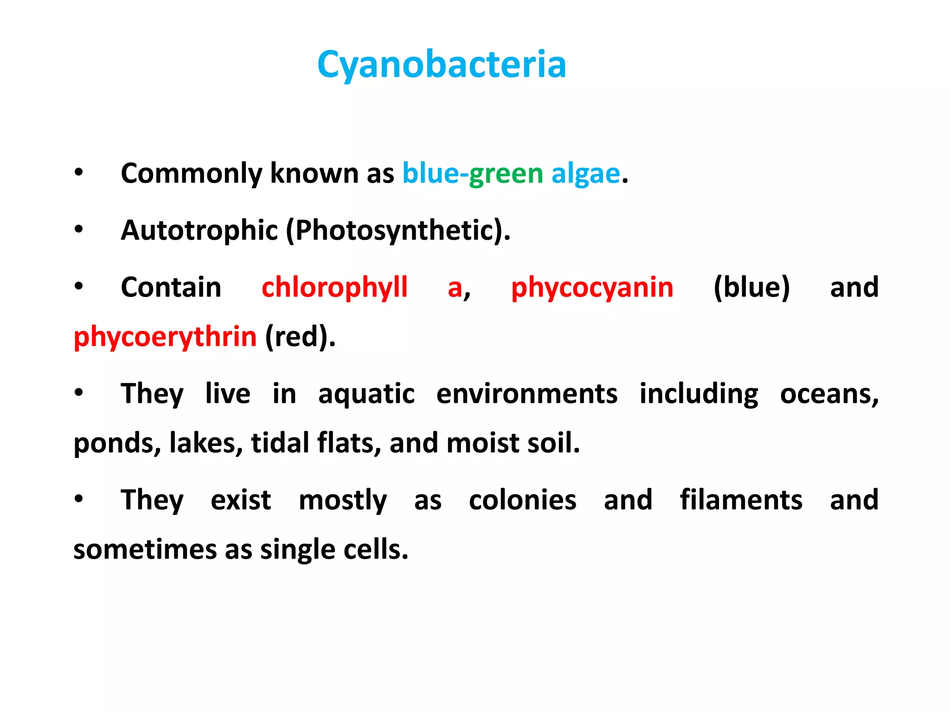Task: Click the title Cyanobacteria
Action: (x=441, y=65)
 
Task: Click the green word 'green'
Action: (x=506, y=174)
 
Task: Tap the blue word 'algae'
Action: (x=585, y=174)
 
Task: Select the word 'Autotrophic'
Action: (x=199, y=230)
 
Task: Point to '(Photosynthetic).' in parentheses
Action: (x=398, y=230)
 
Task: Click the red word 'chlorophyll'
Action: (x=334, y=287)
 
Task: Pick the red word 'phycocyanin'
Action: (x=592, y=287)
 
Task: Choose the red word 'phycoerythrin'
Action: (x=165, y=337)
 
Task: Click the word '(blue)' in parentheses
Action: (x=751, y=287)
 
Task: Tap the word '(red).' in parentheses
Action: (x=300, y=337)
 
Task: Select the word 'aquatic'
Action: (x=366, y=394)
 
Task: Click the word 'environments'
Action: (x=526, y=394)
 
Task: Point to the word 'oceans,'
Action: (x=829, y=394)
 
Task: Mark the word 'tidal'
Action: (x=280, y=443)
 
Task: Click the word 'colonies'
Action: (x=522, y=501)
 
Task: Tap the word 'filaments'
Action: (x=741, y=501)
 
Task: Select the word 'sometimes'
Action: (x=145, y=550)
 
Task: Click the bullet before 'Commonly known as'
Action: (x=79, y=172)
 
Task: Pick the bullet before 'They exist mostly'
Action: (x=79, y=499)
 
